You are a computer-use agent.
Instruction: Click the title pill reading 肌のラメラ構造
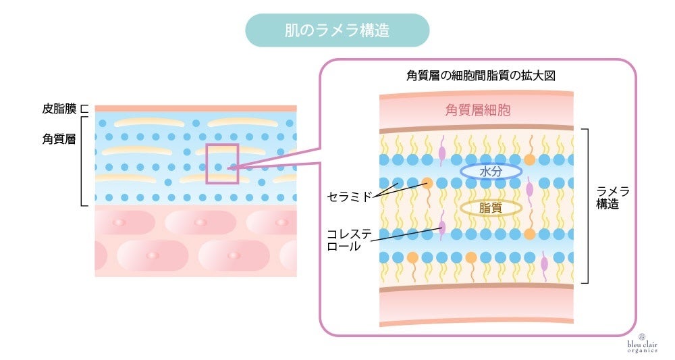(x=337, y=30)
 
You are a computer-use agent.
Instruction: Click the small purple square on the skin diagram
(x=222, y=163)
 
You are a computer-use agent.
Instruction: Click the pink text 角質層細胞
(x=477, y=110)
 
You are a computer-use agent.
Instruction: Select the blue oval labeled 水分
(x=491, y=172)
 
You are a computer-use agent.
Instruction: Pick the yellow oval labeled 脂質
(x=491, y=208)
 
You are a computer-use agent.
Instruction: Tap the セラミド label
(x=350, y=197)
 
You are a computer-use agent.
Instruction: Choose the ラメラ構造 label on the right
(x=612, y=198)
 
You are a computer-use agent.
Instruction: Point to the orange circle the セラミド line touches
(x=427, y=182)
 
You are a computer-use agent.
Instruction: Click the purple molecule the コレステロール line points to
(x=442, y=226)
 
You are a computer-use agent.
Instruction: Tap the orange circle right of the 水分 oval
(x=530, y=160)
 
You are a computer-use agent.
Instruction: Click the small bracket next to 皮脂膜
(x=85, y=108)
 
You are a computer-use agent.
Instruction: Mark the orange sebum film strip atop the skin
(x=196, y=108)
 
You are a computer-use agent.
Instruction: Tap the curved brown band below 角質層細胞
(x=477, y=128)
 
